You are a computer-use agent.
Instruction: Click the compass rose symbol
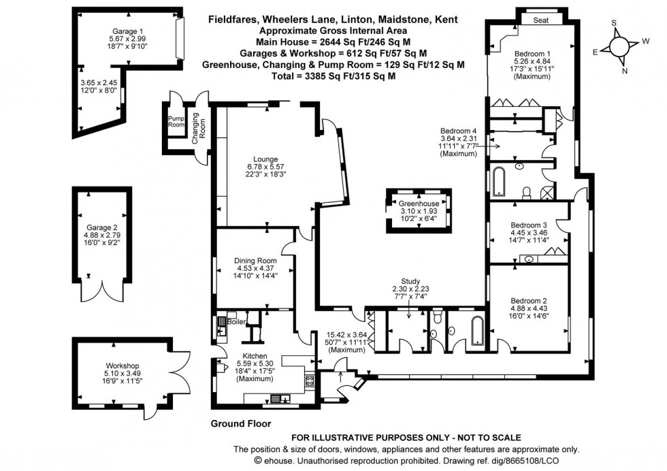click(619, 46)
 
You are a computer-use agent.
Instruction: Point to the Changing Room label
click(195, 127)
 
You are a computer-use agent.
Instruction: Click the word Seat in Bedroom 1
click(542, 20)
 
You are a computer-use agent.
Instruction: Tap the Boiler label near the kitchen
click(237, 321)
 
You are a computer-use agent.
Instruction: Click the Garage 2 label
click(101, 227)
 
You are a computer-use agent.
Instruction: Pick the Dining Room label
click(255, 260)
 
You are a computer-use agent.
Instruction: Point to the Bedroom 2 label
click(530, 300)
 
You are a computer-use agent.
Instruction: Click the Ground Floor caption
click(240, 423)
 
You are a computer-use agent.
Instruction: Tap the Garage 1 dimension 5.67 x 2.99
click(128, 39)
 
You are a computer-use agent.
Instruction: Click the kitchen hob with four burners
click(309, 382)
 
